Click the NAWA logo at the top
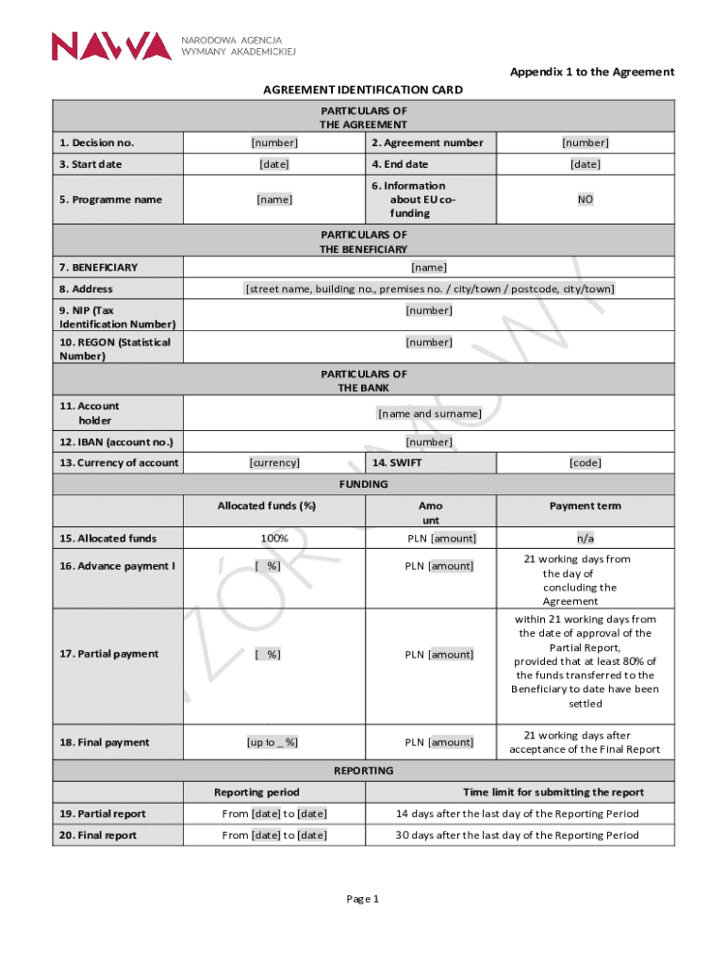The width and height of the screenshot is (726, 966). (x=111, y=45)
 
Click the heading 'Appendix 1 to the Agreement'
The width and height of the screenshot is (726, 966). (x=592, y=72)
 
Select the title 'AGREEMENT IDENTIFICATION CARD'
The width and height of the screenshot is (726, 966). (x=363, y=90)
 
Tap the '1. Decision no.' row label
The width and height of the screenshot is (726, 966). (x=96, y=142)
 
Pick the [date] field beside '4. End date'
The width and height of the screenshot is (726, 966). (x=585, y=164)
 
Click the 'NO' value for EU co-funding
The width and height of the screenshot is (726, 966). (x=585, y=199)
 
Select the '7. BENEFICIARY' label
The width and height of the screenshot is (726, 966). (x=98, y=267)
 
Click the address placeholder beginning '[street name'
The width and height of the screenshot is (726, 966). (x=429, y=289)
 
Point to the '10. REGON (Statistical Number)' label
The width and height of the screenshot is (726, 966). (x=114, y=349)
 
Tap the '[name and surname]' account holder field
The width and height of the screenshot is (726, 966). (x=429, y=413)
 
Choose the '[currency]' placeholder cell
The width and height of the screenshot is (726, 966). (x=274, y=462)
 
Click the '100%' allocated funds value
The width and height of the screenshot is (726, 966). (x=274, y=538)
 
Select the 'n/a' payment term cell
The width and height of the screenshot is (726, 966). (x=585, y=538)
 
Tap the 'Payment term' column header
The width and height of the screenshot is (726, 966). (x=585, y=506)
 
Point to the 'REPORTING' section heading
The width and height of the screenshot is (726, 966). (x=363, y=771)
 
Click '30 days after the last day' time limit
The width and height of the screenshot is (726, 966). (x=516, y=835)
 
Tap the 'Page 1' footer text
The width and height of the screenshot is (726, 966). (x=363, y=899)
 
